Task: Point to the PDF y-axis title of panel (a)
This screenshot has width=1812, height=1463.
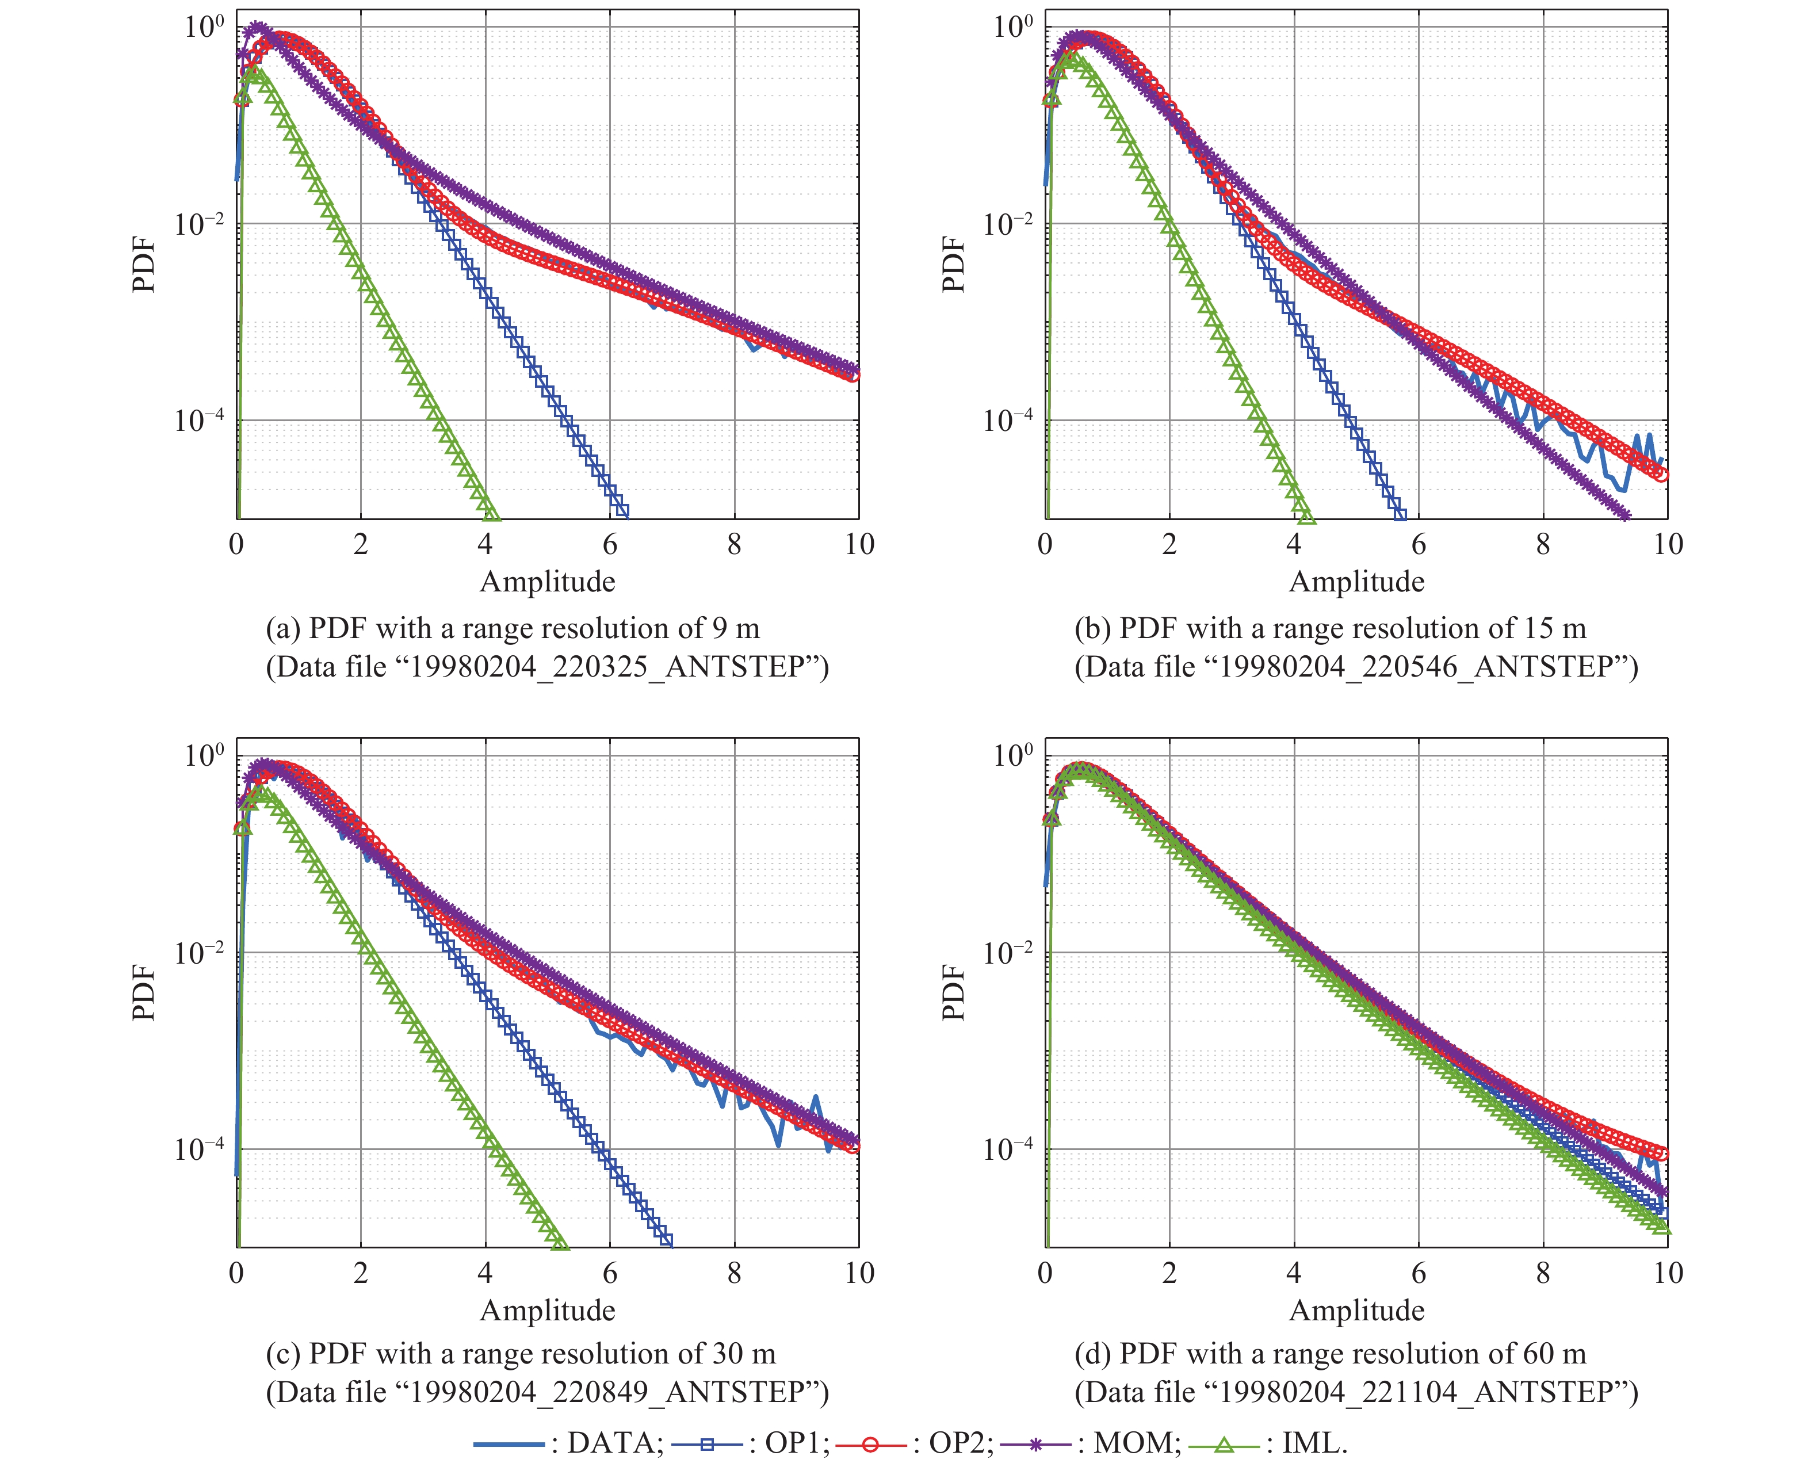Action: [144, 265]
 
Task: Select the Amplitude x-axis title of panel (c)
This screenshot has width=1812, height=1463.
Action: [548, 1311]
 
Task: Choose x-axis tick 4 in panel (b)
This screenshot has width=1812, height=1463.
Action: [1294, 544]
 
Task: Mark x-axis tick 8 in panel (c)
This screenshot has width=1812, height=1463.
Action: [734, 1273]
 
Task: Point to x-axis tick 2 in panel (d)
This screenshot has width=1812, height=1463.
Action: [1169, 1273]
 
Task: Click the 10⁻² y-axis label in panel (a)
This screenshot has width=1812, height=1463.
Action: [200, 225]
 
